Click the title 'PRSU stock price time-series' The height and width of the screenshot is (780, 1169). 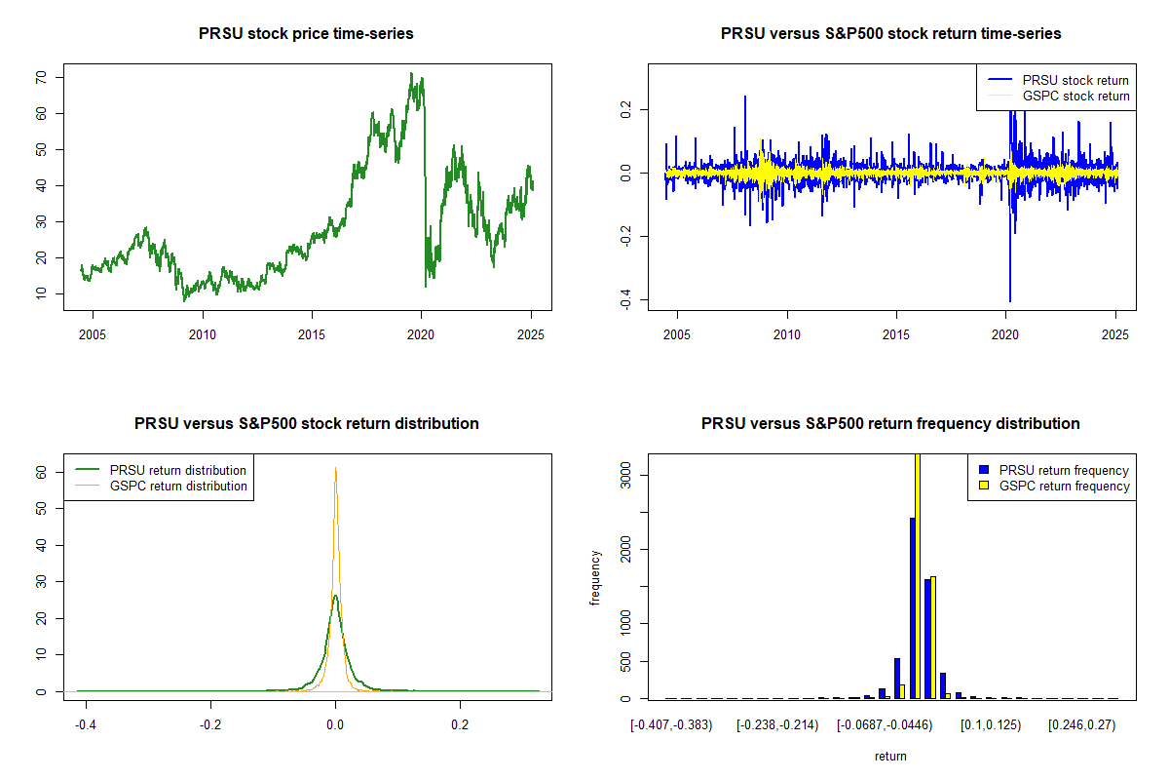click(306, 34)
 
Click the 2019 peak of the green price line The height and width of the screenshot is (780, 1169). click(411, 73)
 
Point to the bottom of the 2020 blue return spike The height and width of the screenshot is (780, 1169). click(1010, 300)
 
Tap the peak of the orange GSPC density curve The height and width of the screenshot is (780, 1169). click(336, 468)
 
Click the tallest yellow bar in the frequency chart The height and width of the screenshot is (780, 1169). click(917, 575)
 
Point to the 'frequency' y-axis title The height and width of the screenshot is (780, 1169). click(596, 576)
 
